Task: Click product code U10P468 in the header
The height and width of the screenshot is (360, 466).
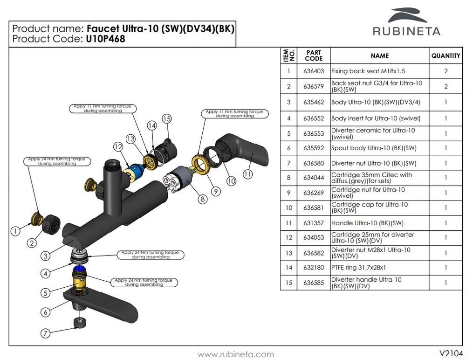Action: (105, 39)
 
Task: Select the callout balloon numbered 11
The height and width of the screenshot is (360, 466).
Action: (247, 174)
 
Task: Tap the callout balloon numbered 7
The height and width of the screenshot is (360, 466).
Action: (45, 333)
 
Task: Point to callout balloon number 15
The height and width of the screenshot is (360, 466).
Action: (167, 118)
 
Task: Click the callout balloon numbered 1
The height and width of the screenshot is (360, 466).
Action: (16, 230)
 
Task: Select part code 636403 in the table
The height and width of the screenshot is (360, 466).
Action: (313, 71)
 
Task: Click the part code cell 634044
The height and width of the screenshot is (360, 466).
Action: (313, 178)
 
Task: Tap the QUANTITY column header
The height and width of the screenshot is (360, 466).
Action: (445, 55)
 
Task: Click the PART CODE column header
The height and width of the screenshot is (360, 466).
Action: (313, 55)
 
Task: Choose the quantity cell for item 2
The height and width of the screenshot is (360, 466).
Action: (445, 86)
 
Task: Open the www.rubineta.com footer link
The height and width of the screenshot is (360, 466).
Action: (236, 354)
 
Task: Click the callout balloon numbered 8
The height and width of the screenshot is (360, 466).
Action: (202, 199)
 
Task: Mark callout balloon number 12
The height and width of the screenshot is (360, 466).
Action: (117, 146)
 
